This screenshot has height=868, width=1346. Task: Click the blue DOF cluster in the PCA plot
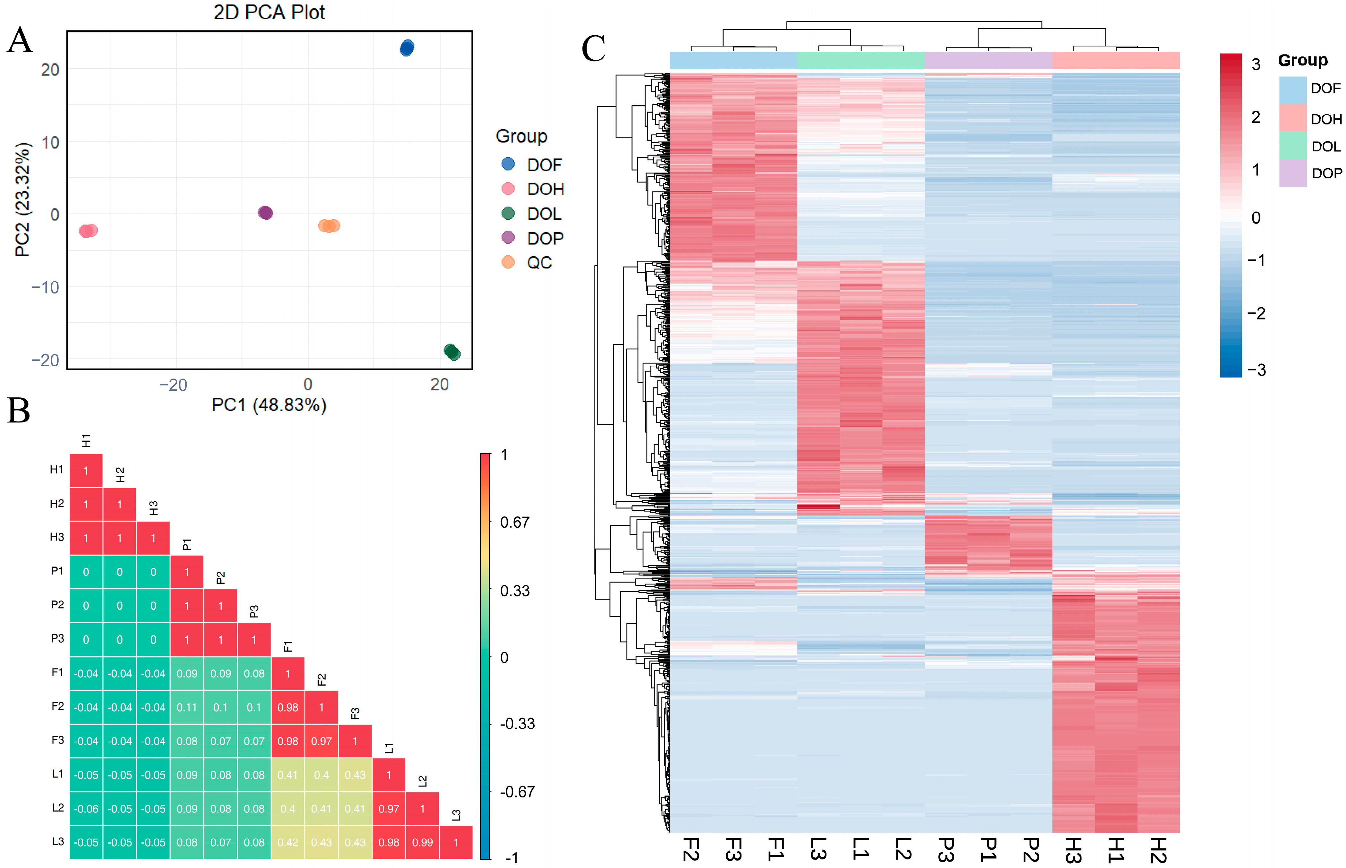(406, 48)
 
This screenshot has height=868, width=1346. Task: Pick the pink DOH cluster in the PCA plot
(88, 231)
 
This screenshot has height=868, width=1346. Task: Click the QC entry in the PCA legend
(539, 263)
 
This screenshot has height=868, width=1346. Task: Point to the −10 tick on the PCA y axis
(45, 287)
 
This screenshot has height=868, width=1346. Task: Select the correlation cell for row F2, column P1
(187, 707)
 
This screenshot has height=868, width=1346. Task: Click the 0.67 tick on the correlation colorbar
(514, 522)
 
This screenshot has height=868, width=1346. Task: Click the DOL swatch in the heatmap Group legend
(1292, 146)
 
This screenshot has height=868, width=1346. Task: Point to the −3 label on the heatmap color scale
(1257, 370)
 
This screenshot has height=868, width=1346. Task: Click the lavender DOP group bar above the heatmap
(988, 60)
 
